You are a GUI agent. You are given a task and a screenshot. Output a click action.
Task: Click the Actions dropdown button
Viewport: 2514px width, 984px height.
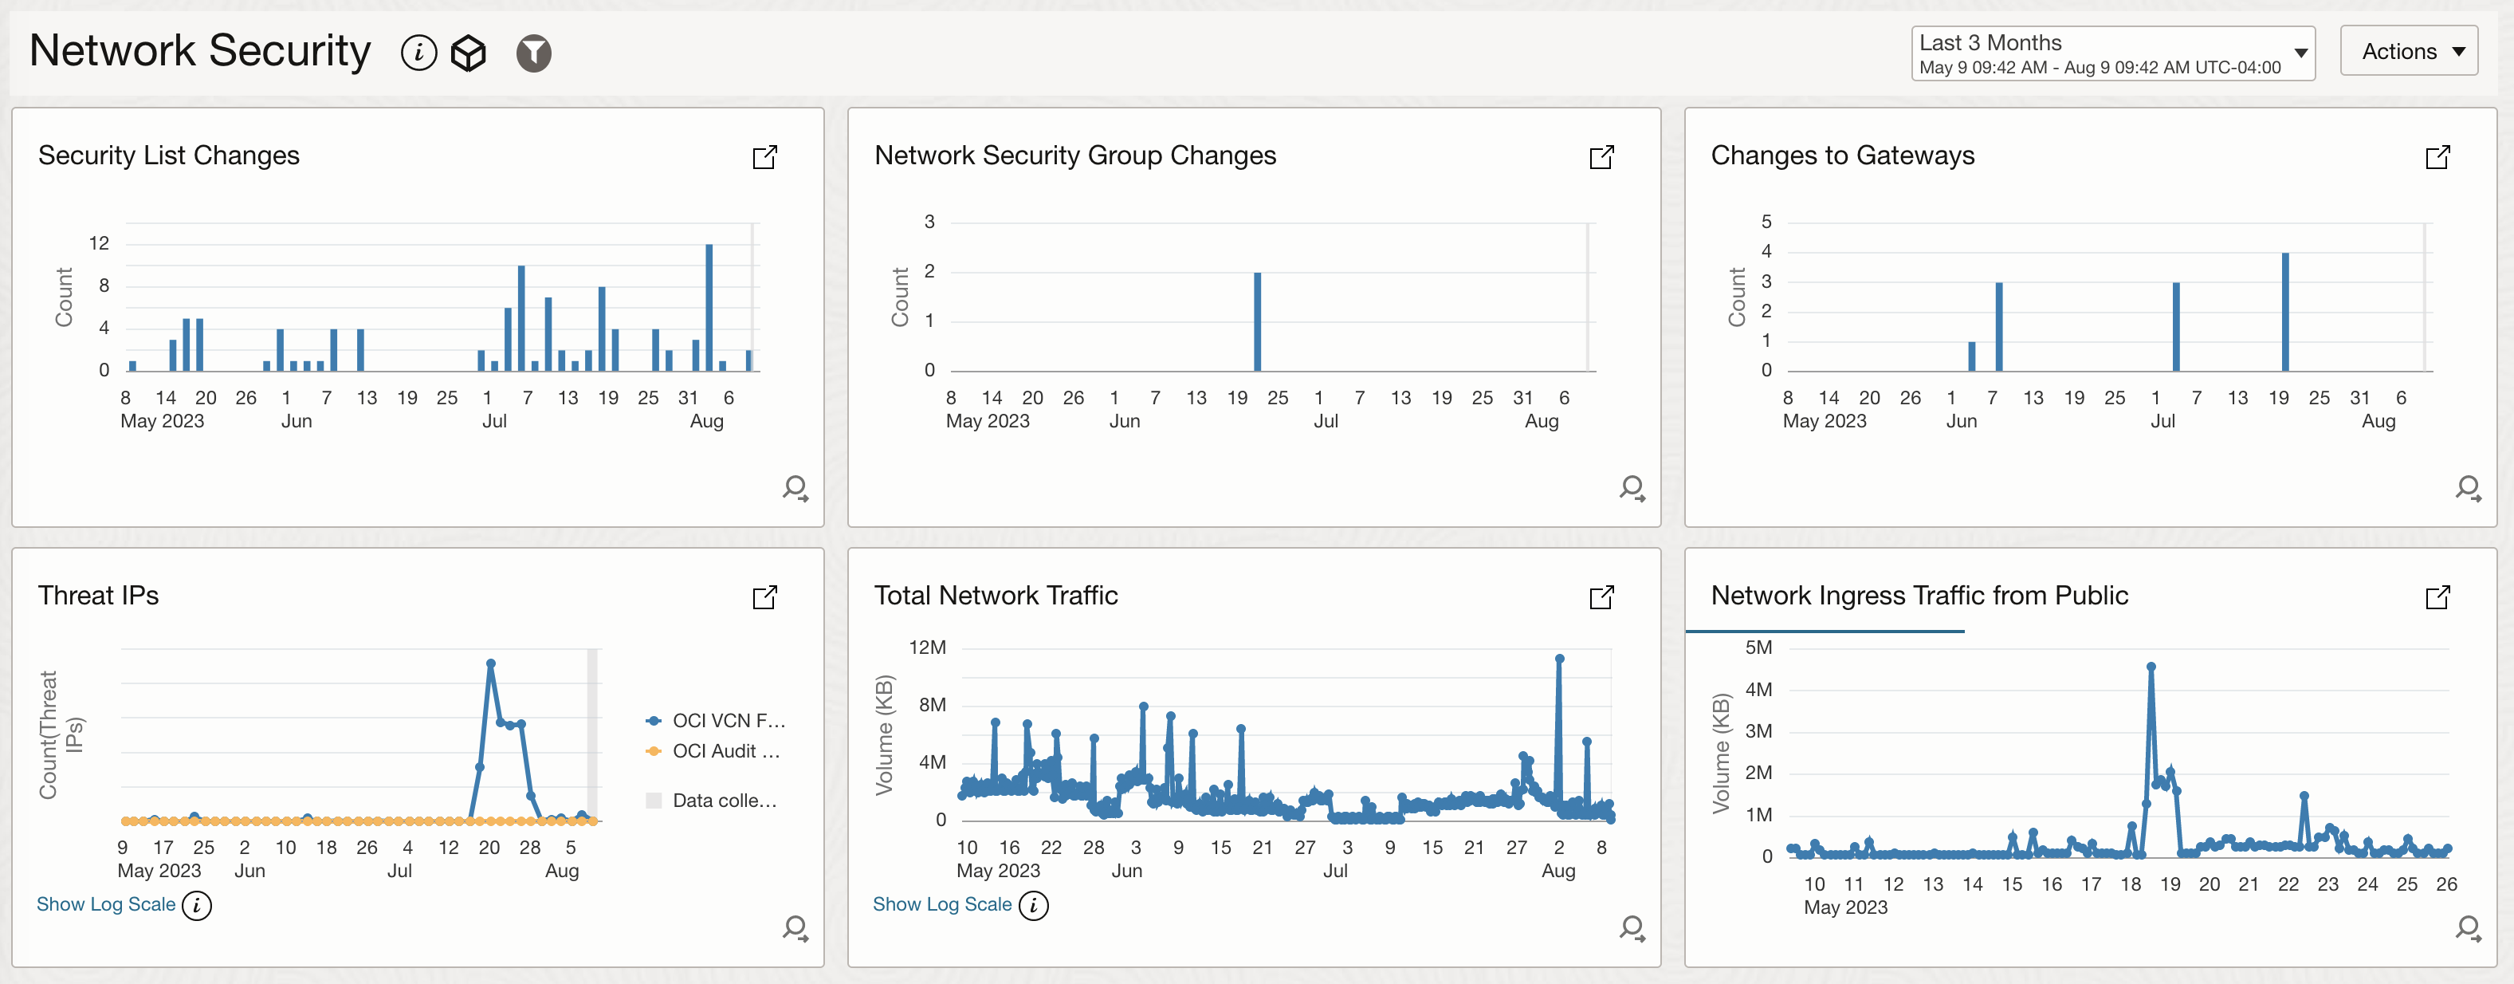click(2408, 52)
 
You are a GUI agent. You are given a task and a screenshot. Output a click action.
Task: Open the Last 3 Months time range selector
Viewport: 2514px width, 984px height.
click(2112, 53)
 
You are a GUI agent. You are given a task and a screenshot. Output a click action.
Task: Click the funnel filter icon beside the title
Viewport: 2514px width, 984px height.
click(533, 53)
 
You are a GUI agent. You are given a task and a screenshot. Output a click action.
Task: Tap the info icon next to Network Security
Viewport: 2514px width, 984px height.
click(418, 53)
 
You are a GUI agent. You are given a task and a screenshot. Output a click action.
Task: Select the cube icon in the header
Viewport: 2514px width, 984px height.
click(469, 53)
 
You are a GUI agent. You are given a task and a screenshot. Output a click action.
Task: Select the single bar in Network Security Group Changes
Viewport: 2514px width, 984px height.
click(1257, 321)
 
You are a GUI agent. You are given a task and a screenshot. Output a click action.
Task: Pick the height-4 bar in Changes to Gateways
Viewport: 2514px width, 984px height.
click(2284, 312)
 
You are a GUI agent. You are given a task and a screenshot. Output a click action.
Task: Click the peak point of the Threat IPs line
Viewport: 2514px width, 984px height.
click(490, 663)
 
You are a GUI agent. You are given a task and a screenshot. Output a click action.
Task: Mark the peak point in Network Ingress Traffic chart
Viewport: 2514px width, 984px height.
click(2151, 667)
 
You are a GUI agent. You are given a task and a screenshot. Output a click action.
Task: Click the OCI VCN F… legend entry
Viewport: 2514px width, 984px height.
click(727, 720)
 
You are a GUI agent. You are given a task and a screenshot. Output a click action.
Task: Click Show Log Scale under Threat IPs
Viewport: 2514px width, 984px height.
click(105, 904)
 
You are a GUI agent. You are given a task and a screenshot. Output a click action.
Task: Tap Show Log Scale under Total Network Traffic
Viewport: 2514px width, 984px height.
click(942, 904)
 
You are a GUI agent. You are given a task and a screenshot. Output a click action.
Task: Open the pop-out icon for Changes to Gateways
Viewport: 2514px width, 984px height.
click(2437, 157)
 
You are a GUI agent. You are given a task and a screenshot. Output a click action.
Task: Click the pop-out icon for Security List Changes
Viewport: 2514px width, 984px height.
click(764, 157)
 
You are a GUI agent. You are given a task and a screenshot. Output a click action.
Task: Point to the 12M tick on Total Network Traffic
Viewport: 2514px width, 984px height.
click(927, 648)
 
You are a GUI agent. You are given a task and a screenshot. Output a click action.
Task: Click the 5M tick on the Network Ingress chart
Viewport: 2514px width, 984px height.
click(1758, 648)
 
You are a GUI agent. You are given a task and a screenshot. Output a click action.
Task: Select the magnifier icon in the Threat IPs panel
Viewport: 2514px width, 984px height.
click(795, 927)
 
